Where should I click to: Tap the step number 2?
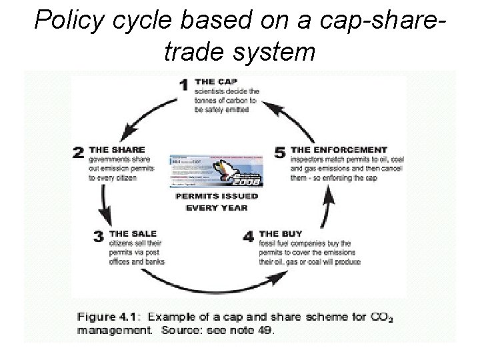(79, 153)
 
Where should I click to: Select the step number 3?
(99, 237)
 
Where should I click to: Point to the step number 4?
(248, 237)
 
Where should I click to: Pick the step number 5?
(280, 153)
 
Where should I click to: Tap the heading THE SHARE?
(117, 149)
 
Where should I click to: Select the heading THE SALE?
(133, 233)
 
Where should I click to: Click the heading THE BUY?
(280, 233)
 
